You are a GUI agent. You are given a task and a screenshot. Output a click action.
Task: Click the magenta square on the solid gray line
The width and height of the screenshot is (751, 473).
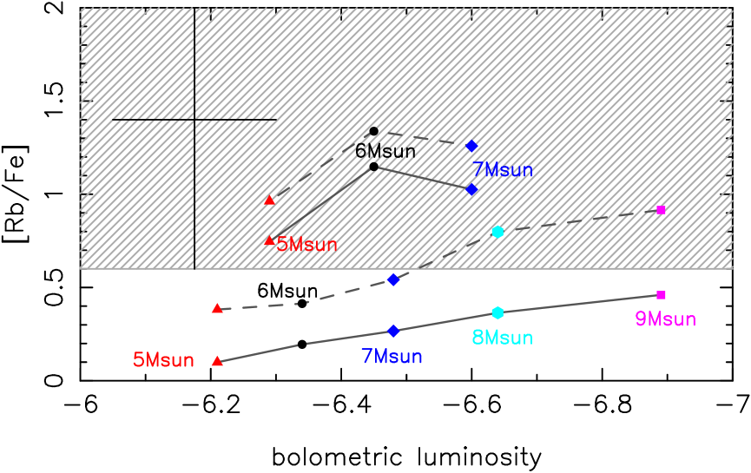pyautogui.click(x=661, y=295)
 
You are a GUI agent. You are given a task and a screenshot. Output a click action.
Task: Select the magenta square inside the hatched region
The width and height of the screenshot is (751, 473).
pyautogui.click(x=661, y=210)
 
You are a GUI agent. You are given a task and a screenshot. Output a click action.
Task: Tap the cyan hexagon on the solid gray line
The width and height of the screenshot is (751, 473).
pyautogui.click(x=497, y=312)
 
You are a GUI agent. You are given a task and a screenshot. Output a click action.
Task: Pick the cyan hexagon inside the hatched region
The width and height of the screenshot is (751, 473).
pyautogui.click(x=497, y=232)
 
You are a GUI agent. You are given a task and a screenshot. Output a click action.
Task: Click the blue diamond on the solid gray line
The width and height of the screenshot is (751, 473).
pyautogui.click(x=393, y=331)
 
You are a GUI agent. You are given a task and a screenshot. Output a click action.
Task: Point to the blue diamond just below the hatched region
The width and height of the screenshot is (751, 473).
pyautogui.click(x=393, y=279)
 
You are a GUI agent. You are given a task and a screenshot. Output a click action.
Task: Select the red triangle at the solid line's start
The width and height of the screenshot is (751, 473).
pyautogui.click(x=217, y=361)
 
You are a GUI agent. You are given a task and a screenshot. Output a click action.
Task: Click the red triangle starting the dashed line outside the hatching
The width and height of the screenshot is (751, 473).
pyautogui.click(x=217, y=308)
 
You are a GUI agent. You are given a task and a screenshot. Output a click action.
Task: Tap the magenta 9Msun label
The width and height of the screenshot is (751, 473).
pyautogui.click(x=665, y=319)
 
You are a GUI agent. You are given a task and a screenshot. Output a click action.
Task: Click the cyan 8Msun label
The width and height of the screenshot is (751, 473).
pyautogui.click(x=502, y=338)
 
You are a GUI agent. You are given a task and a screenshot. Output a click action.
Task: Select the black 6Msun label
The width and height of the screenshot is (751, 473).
pyautogui.click(x=385, y=151)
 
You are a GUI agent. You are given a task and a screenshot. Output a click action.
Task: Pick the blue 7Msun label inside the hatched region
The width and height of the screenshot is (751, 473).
pyautogui.click(x=502, y=170)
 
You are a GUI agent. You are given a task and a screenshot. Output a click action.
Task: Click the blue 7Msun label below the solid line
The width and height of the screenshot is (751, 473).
pyautogui.click(x=392, y=357)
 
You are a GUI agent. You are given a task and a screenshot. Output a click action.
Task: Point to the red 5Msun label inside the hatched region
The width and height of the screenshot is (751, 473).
pyautogui.click(x=306, y=245)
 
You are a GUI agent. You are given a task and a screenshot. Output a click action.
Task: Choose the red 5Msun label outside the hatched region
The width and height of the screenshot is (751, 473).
pyautogui.click(x=163, y=360)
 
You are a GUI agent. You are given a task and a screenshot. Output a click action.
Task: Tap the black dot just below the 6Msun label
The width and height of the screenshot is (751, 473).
pyautogui.click(x=374, y=167)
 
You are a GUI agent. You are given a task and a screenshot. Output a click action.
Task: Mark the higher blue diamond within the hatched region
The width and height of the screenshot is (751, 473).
pyautogui.click(x=471, y=146)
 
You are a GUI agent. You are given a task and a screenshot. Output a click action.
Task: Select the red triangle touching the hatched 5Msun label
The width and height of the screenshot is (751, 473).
pyautogui.click(x=269, y=240)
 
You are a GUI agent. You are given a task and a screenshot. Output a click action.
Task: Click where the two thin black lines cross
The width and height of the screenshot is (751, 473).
pyautogui.click(x=194, y=120)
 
